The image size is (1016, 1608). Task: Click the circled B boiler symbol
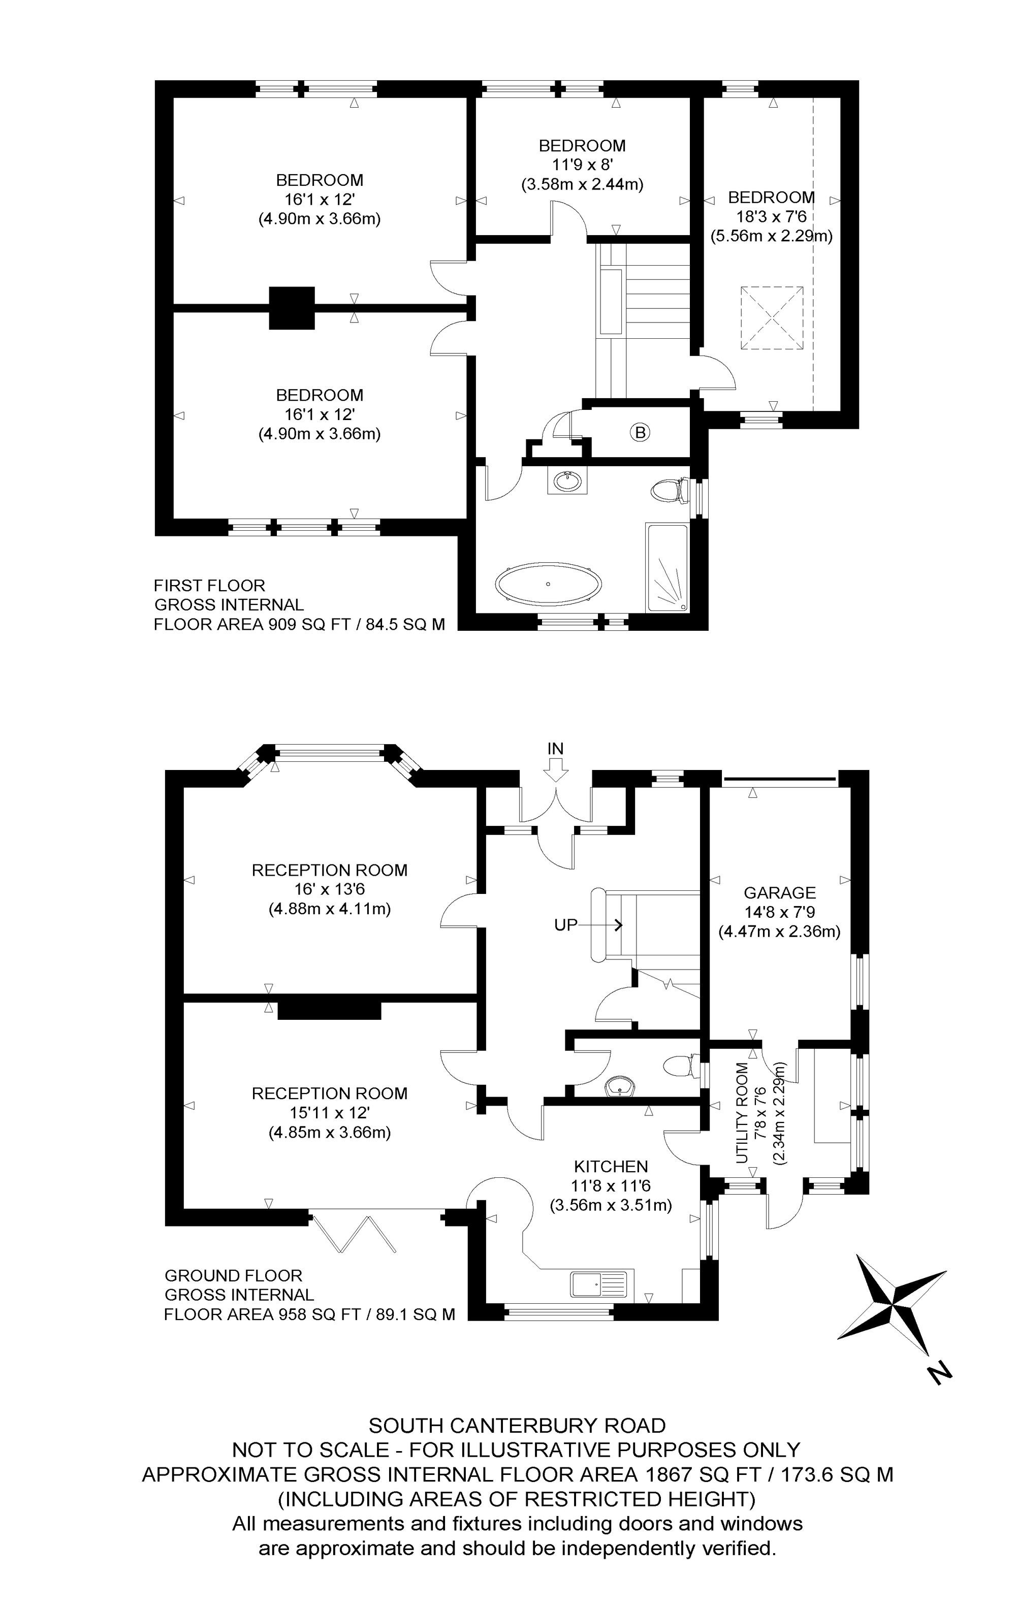pyautogui.click(x=640, y=433)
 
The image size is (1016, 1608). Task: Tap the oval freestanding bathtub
pyautogui.click(x=548, y=584)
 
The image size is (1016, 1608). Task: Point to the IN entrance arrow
pyautogui.click(x=556, y=773)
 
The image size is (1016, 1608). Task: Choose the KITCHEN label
pyautogui.click(x=611, y=1167)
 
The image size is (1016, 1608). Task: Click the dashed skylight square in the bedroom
pyautogui.click(x=772, y=318)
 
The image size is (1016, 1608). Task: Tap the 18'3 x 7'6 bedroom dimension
pyautogui.click(x=771, y=216)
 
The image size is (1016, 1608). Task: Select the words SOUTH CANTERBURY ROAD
pyautogui.click(x=517, y=1426)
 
